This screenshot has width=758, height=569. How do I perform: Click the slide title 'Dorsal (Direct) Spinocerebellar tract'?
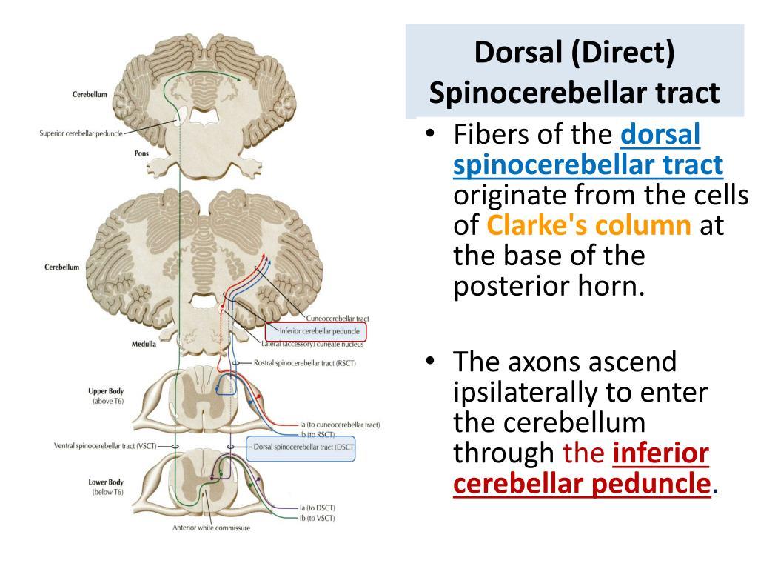pyautogui.click(x=574, y=73)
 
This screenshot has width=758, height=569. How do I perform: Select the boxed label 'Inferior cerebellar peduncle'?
pyautogui.click(x=320, y=331)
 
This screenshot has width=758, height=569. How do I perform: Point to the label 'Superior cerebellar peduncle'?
pyautogui.click(x=81, y=134)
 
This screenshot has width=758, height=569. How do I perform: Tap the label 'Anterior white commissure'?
pyautogui.click(x=211, y=528)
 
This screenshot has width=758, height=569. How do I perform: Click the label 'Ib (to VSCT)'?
pyautogui.click(x=318, y=518)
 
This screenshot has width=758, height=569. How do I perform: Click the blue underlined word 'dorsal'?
pyautogui.click(x=660, y=136)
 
